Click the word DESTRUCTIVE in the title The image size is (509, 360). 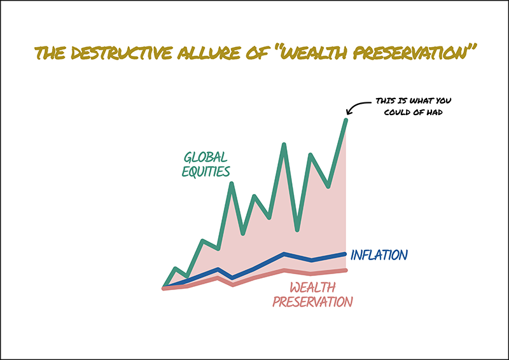pos(122,53)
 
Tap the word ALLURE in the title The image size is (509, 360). pos(209,53)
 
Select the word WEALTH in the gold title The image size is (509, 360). pos(314,53)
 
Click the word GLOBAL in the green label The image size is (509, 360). pos(206,158)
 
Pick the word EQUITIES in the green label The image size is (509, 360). pos(206,171)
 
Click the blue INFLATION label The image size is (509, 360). pos(379,255)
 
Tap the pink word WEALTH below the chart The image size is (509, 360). pos(312,287)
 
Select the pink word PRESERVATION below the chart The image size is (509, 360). pos(312,302)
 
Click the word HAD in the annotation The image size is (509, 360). pos(435,113)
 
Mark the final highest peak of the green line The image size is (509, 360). pos(346,120)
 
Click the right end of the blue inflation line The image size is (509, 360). pos(345,254)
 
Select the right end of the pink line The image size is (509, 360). pos(345,270)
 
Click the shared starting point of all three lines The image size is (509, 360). pos(164,287)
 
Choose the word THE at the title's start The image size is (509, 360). pos(50,53)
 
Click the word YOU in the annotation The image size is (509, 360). pos(443,101)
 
